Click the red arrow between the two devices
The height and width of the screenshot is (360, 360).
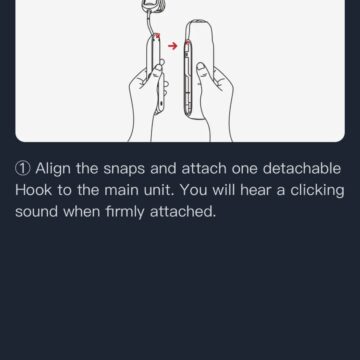click(x=173, y=46)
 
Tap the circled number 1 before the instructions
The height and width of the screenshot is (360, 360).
click(x=23, y=169)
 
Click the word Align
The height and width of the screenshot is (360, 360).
click(x=53, y=169)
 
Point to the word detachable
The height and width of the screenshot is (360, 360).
click(x=302, y=168)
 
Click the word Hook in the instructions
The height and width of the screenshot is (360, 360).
click(x=34, y=190)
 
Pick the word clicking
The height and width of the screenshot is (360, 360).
click(x=317, y=191)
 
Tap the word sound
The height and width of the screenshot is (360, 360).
click(x=37, y=211)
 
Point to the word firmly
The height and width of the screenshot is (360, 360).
click(x=125, y=212)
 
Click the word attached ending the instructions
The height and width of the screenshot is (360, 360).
click(x=183, y=211)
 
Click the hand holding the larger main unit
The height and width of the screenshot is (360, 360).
click(x=215, y=103)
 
